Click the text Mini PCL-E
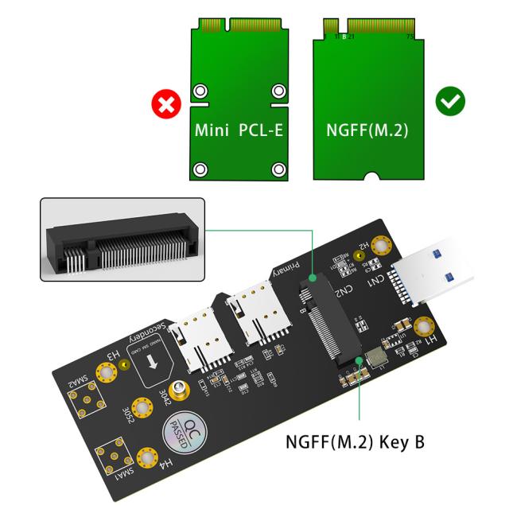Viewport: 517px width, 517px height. click(239, 130)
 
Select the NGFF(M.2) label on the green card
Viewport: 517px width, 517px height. click(367, 130)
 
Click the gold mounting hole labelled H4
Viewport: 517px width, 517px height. click(146, 457)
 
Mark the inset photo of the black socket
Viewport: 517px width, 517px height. click(122, 239)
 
